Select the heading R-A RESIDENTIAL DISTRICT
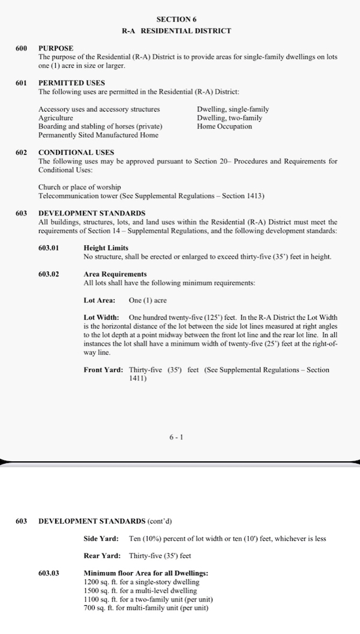[x=176, y=31]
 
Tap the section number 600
[x=22, y=47]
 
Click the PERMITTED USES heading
[x=71, y=83]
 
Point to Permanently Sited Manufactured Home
[x=98, y=135]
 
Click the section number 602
[x=22, y=152]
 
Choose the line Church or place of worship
[x=79, y=188]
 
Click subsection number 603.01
[x=49, y=248]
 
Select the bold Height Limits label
[x=106, y=248]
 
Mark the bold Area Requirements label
[x=115, y=274]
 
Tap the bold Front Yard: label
[x=103, y=370]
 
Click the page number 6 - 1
[x=176, y=437]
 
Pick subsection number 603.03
[x=49, y=573]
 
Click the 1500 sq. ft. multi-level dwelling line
[x=141, y=591]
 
